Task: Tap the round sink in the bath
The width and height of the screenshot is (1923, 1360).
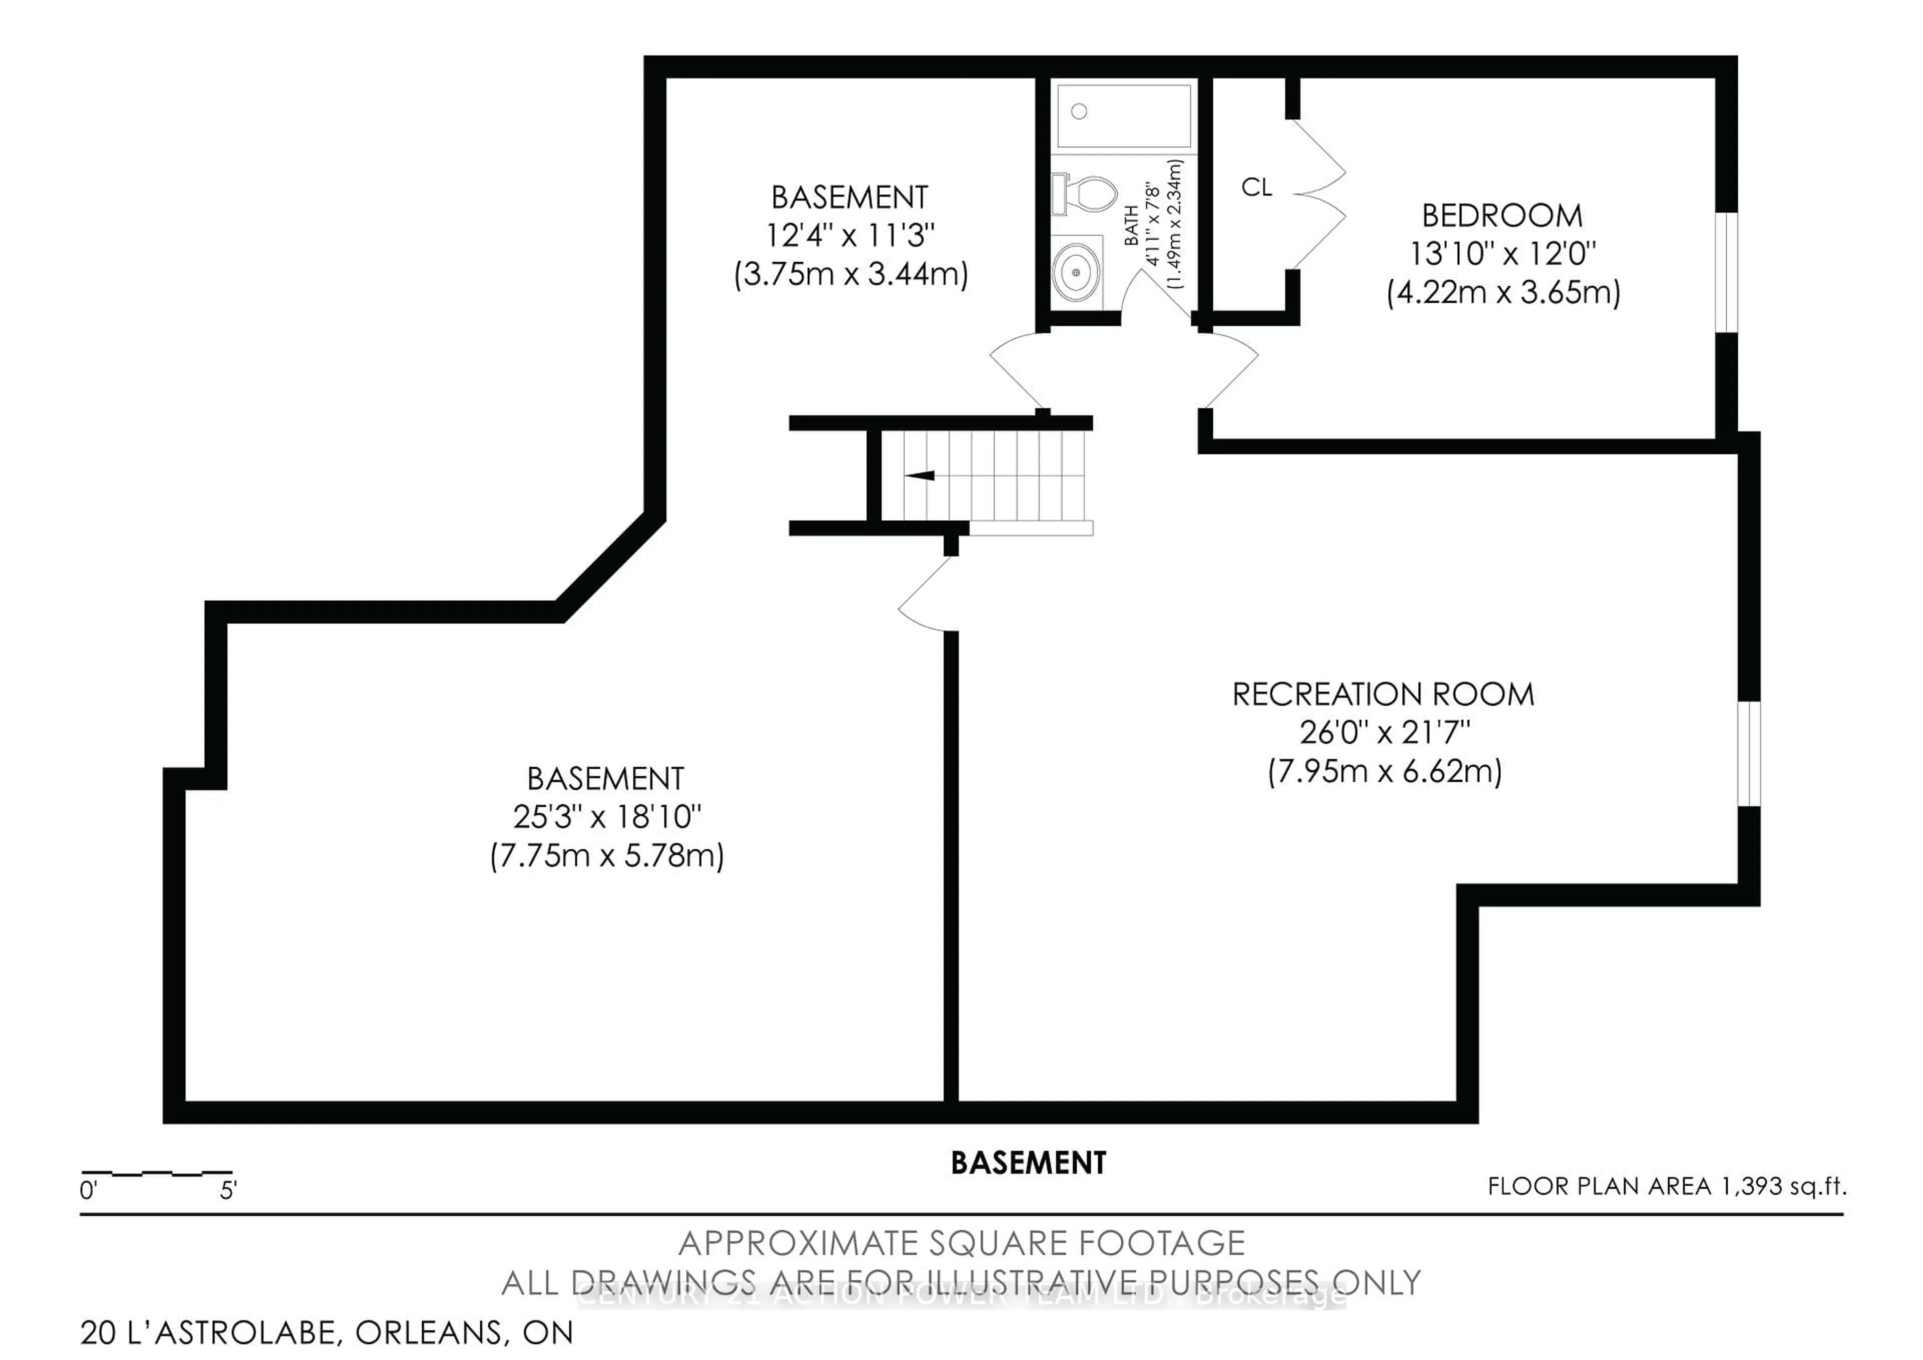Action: (x=1076, y=272)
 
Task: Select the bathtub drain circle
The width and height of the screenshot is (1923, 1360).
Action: (x=1079, y=111)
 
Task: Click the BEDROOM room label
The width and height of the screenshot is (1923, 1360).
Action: (x=1502, y=216)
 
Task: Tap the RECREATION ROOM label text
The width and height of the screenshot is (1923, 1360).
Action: (x=1383, y=695)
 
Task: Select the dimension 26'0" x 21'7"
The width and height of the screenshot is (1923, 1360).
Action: (x=1385, y=733)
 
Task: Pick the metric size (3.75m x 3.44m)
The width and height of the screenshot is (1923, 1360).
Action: (x=850, y=275)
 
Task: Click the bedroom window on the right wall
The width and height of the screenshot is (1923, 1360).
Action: (x=1725, y=272)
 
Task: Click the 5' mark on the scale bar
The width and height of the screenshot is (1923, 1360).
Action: (x=228, y=1190)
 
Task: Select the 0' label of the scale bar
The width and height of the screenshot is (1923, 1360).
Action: (x=89, y=1190)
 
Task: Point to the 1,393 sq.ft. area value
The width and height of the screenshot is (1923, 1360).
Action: (x=1782, y=1187)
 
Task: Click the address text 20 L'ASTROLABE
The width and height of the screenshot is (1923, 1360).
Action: (x=209, y=1332)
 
